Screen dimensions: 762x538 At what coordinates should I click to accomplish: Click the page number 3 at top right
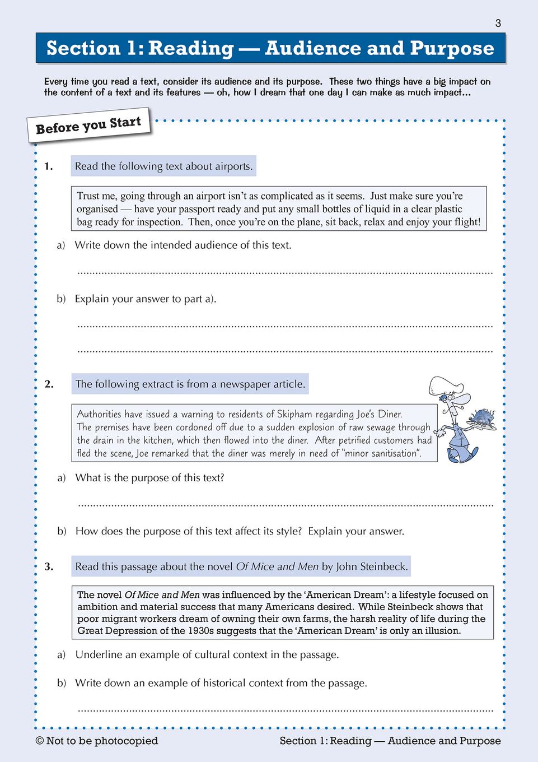(498, 23)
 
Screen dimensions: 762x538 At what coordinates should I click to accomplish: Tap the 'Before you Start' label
(88, 125)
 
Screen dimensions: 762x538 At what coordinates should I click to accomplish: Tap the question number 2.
(49, 384)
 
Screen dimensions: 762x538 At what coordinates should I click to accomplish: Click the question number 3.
(49, 566)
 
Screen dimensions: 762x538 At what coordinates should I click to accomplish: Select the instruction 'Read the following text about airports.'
(163, 166)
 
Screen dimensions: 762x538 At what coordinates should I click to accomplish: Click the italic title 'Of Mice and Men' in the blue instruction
(277, 566)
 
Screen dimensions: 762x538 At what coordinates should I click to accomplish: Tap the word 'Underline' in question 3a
(99, 655)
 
